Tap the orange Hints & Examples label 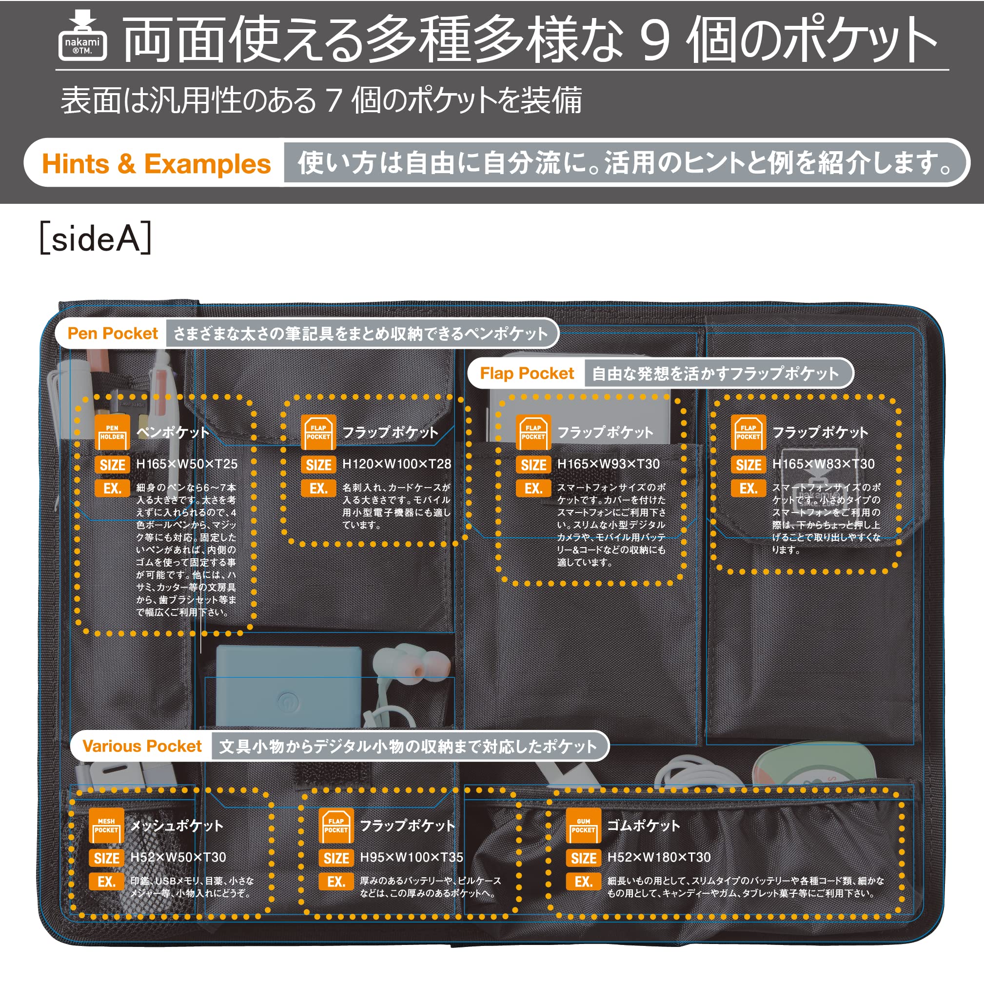pyautogui.click(x=156, y=164)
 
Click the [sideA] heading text pyautogui.click(x=96, y=238)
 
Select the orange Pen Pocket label pyautogui.click(x=113, y=333)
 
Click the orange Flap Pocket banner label pyautogui.click(x=527, y=374)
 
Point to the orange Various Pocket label pyautogui.click(x=142, y=746)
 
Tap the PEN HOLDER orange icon pyautogui.click(x=112, y=433)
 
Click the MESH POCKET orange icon pyautogui.click(x=106, y=826)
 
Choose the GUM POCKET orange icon pyautogui.click(x=583, y=826)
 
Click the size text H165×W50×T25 pyautogui.click(x=186, y=464)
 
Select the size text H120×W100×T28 pyautogui.click(x=396, y=464)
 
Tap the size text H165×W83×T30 pyautogui.click(x=823, y=464)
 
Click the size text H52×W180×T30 pyautogui.click(x=659, y=858)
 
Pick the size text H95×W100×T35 pyautogui.click(x=412, y=858)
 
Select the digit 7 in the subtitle pyautogui.click(x=334, y=100)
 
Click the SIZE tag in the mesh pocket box pyautogui.click(x=106, y=858)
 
